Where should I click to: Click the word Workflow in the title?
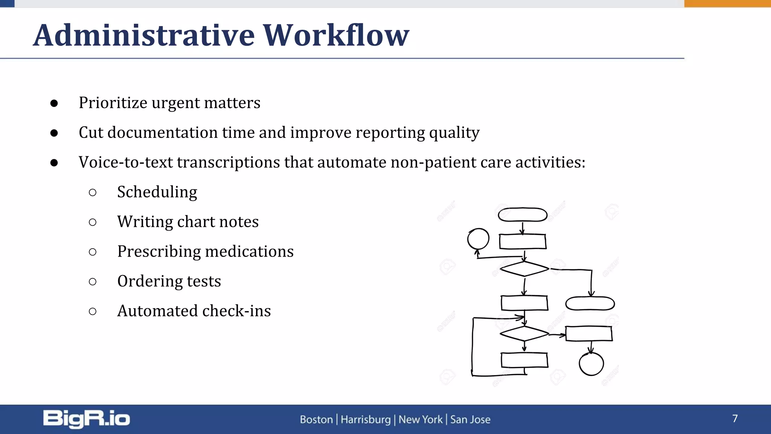pyautogui.click(x=335, y=35)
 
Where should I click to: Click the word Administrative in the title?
pyautogui.click(x=144, y=35)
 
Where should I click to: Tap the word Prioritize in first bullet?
pyautogui.click(x=113, y=103)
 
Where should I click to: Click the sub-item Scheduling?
pyautogui.click(x=157, y=192)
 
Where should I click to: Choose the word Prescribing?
pyautogui.click(x=158, y=252)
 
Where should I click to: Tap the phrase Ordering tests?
pyautogui.click(x=169, y=281)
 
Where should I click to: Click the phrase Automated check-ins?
pyautogui.click(x=194, y=311)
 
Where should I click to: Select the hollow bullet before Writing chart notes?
pyautogui.click(x=93, y=222)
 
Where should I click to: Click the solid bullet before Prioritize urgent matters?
pyautogui.click(x=54, y=103)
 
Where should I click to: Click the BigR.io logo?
pyautogui.click(x=87, y=419)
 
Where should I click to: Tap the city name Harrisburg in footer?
pyautogui.click(x=366, y=419)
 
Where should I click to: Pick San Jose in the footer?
pyautogui.click(x=470, y=419)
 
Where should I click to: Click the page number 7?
pyautogui.click(x=735, y=419)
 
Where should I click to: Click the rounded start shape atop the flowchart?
pyautogui.click(x=523, y=215)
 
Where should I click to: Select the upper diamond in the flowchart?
pyautogui.click(x=524, y=269)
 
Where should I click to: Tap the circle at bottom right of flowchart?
pyautogui.click(x=591, y=364)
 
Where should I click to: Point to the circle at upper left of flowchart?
pyautogui.click(x=478, y=239)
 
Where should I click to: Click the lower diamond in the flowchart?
pyautogui.click(x=524, y=334)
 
